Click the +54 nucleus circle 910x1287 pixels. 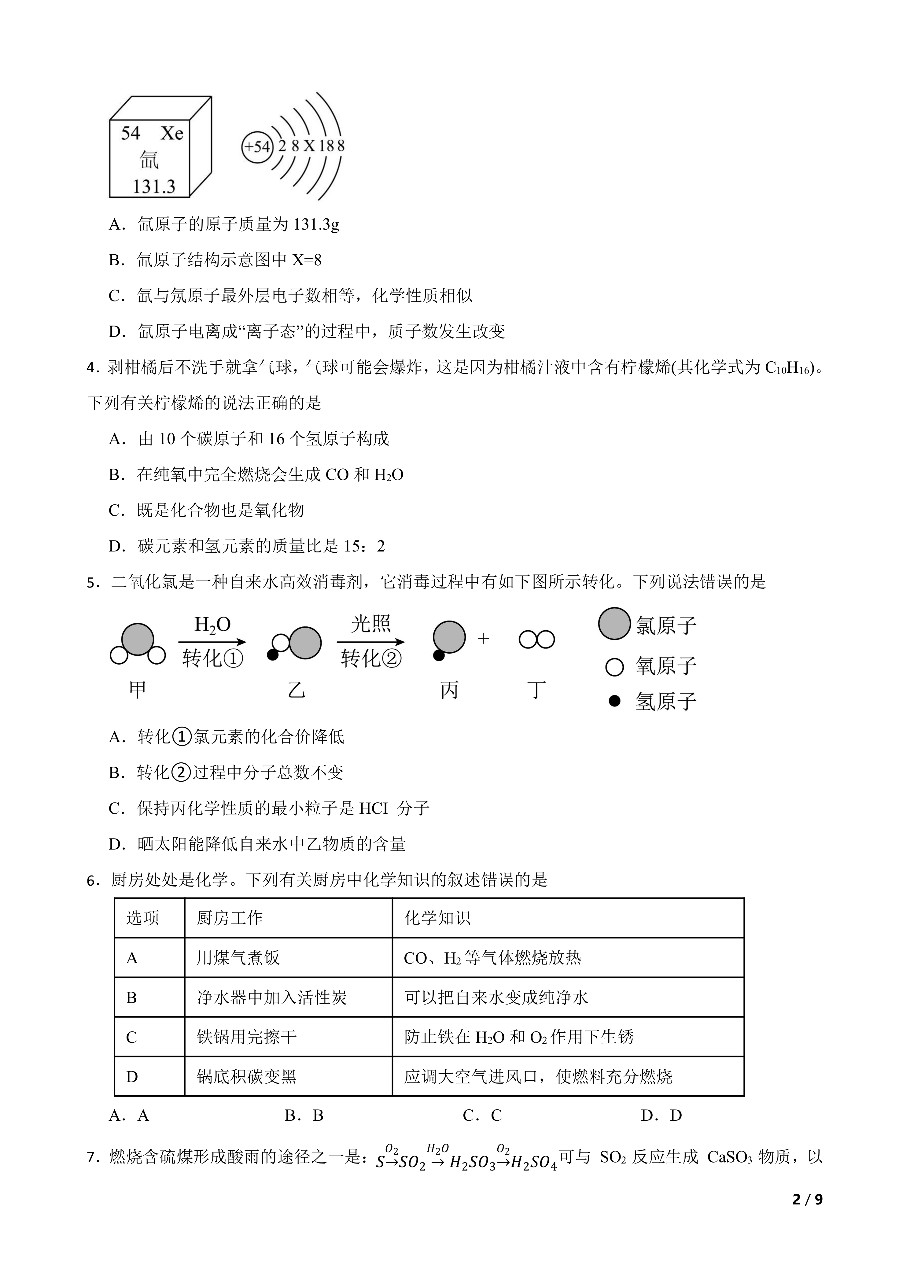[x=257, y=147]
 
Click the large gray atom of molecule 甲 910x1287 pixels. [x=137, y=639]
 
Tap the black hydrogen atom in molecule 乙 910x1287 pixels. [x=273, y=655]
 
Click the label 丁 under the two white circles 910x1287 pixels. [x=537, y=690]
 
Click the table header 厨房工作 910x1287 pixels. [x=230, y=918]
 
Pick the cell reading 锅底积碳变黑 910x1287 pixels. [x=247, y=1077]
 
